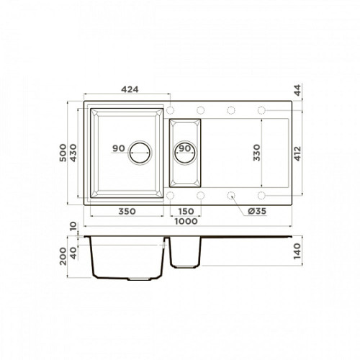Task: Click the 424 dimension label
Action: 130,89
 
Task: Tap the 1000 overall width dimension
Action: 186,221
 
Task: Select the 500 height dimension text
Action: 63,153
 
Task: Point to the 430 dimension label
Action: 73,153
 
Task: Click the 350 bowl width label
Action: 127,212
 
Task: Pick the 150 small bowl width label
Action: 186,212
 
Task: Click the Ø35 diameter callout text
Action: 257,211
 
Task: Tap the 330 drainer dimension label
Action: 256,153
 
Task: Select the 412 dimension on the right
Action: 297,153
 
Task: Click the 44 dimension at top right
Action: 297,90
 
